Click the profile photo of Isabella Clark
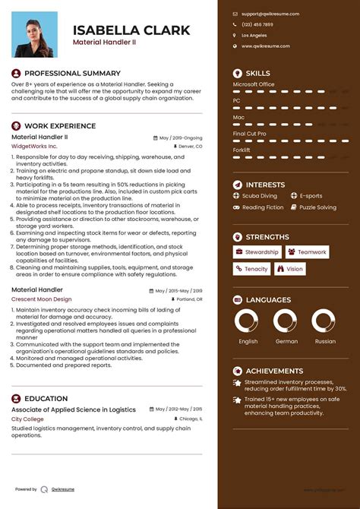pos(36,34)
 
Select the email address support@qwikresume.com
pos(270,14)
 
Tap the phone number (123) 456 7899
pos(257,24)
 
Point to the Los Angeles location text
pos(254,36)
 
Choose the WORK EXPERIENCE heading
pos(60,126)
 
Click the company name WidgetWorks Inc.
pos(34,146)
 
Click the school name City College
pos(27,419)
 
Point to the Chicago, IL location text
pos(190,419)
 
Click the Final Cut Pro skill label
pos(250,133)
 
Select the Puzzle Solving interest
pos(317,207)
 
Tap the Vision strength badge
pos(290,269)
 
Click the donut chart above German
pos(286,321)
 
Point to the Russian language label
pos(324,341)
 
